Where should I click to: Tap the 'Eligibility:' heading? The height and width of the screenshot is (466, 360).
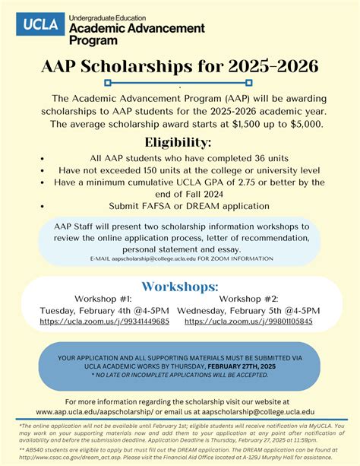point(179,142)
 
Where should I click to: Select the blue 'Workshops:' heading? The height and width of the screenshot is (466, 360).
point(179,287)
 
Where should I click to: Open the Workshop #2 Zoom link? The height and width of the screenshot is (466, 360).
point(248,321)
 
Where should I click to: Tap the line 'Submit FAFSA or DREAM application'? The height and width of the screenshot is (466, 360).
point(179,205)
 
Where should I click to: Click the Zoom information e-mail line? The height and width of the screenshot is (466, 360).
point(179,259)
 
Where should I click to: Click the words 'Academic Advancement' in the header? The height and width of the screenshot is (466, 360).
point(137,28)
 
